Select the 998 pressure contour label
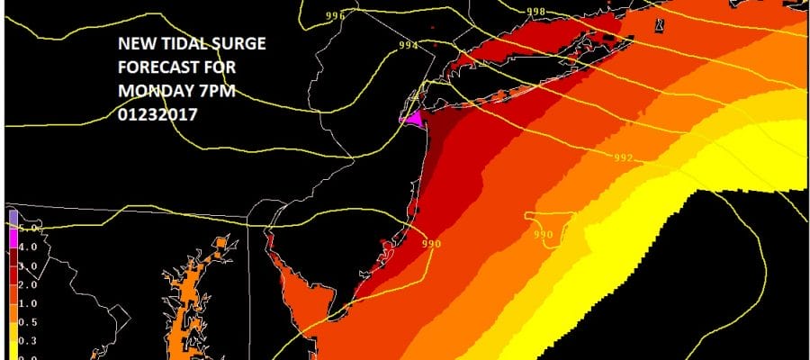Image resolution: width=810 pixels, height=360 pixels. [535, 12]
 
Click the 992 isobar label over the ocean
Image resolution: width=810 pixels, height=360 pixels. [624, 158]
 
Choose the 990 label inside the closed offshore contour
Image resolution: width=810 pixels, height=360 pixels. [542, 236]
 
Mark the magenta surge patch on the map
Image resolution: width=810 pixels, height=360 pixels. [414, 119]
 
